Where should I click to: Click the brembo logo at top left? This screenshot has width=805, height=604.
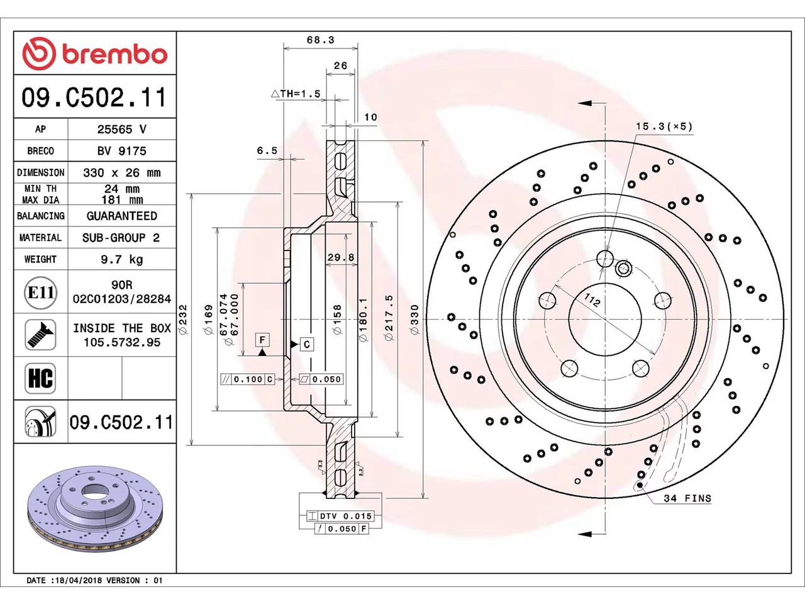[x=95, y=53]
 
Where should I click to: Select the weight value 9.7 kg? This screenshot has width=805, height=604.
[x=122, y=260]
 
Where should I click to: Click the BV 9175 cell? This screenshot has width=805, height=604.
[x=122, y=151]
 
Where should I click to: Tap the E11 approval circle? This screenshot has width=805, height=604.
[x=40, y=293]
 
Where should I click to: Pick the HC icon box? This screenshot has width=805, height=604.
[x=40, y=378]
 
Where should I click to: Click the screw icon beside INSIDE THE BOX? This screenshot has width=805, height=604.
[x=40, y=335]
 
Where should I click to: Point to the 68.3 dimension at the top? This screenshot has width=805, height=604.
[x=321, y=40]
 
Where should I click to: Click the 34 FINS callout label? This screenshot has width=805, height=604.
[x=687, y=498]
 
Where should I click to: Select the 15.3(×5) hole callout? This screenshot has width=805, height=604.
[x=664, y=126]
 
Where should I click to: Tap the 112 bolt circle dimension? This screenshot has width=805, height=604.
[x=592, y=299]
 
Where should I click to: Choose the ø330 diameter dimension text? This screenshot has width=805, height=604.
[x=414, y=319]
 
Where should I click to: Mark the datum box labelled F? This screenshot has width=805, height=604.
[x=262, y=340]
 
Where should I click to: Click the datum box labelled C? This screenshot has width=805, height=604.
[x=307, y=344]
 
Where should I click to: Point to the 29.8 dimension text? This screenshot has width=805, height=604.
[x=341, y=257]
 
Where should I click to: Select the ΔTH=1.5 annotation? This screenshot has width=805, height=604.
[x=296, y=94]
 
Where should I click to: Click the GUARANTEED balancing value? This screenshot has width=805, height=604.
[x=122, y=216]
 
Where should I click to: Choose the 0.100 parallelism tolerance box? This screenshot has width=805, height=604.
[x=248, y=379]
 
